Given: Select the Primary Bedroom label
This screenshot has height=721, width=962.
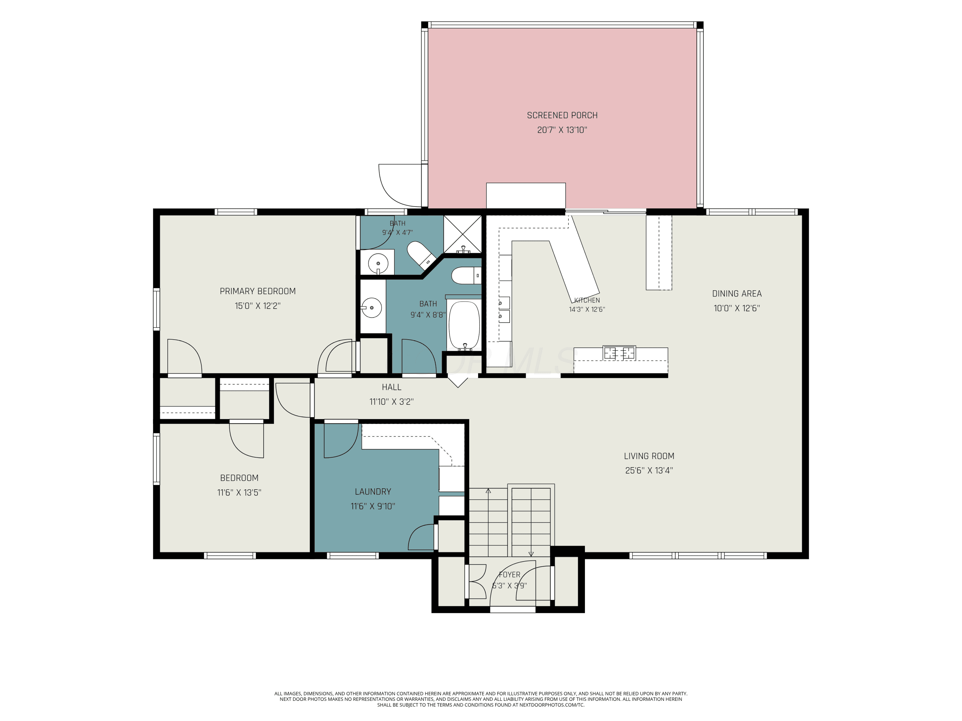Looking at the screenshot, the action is [x=257, y=291].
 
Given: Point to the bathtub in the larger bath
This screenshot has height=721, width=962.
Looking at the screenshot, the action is [x=464, y=325].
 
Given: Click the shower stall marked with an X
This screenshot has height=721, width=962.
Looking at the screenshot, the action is [x=463, y=234].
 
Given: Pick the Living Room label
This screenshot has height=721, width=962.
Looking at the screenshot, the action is [x=649, y=456].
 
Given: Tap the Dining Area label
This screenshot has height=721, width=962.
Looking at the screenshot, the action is [x=737, y=294].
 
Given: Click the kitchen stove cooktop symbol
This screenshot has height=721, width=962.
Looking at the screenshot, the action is [x=619, y=353].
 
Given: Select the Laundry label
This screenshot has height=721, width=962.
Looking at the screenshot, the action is [x=373, y=492].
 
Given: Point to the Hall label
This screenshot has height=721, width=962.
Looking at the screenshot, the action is [x=392, y=387].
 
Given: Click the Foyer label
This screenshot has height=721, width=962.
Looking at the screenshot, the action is [x=509, y=575].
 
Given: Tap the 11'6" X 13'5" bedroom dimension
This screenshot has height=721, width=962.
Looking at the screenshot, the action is [x=239, y=493].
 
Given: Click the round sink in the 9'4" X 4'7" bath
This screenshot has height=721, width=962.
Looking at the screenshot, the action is [x=378, y=263].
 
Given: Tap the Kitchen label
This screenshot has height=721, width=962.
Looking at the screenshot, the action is [x=587, y=300].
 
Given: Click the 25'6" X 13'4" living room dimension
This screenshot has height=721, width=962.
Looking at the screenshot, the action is [x=649, y=470].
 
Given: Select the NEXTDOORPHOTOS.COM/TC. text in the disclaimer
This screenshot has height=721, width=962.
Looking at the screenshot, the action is [x=552, y=705].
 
